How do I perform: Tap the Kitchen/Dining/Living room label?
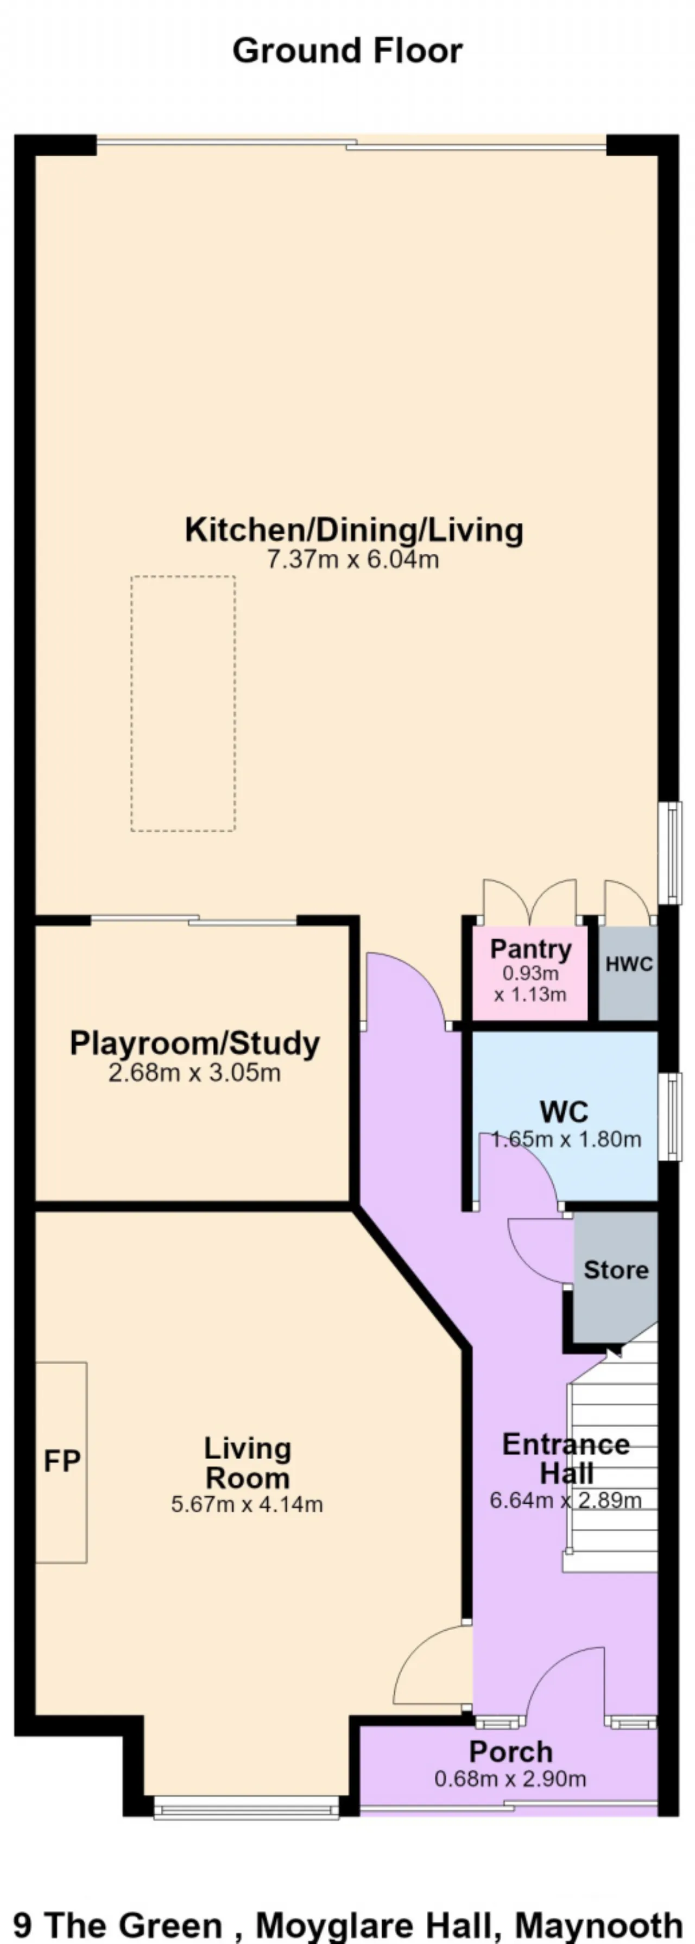pyautogui.click(x=354, y=530)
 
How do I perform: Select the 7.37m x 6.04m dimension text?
pyautogui.click(x=353, y=560)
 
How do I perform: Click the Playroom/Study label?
pyautogui.click(x=195, y=1044)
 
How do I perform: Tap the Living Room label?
pyautogui.click(x=248, y=1462)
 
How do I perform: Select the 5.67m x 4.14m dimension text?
pyautogui.click(x=247, y=1504)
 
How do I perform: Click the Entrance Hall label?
pyautogui.click(x=566, y=1459)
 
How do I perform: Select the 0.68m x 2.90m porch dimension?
pyautogui.click(x=510, y=1779)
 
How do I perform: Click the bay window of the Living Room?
pyautogui.click(x=246, y=1807)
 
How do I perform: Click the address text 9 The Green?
pyautogui.click(x=118, y=1925)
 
